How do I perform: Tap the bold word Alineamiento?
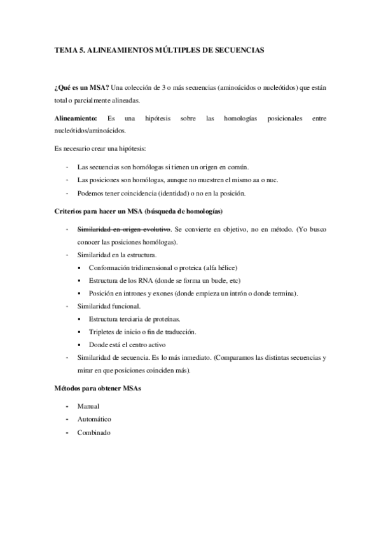[76, 118]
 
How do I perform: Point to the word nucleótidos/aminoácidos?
[90, 130]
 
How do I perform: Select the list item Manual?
[88, 406]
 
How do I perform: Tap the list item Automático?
[94, 419]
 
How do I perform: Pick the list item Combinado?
[93, 432]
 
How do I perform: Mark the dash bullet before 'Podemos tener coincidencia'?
[66, 193]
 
